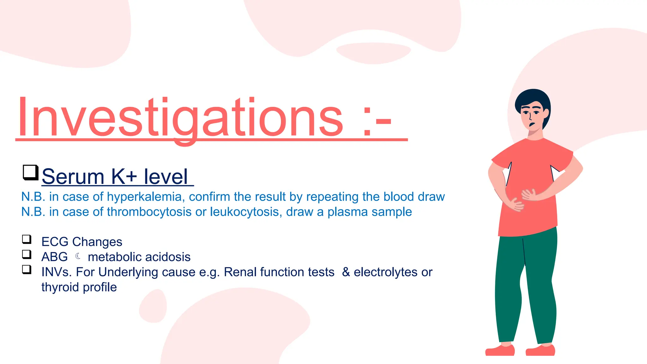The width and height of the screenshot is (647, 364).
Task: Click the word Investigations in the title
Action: coord(180,118)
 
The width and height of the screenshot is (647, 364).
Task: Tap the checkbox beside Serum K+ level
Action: coord(30,173)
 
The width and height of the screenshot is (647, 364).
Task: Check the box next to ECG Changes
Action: coord(27,239)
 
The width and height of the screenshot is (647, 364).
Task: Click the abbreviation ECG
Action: coord(55,242)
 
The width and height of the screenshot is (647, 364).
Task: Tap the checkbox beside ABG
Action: coord(27,254)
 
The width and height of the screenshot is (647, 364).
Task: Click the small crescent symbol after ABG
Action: coord(78,256)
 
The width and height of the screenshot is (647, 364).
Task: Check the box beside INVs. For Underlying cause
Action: coord(27,270)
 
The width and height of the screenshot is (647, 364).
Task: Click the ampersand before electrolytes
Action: coord(346,272)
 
